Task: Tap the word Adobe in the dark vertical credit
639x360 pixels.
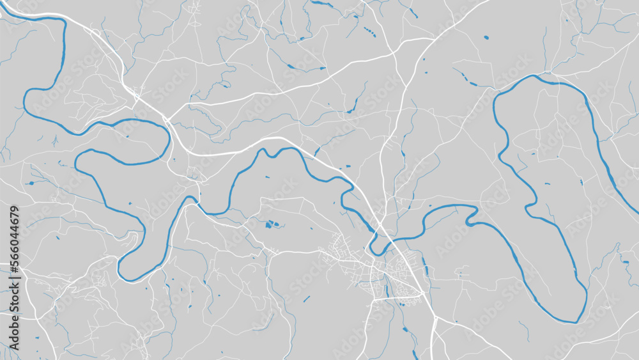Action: tap(13, 301)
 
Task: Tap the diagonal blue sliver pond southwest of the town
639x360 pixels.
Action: tap(306, 299)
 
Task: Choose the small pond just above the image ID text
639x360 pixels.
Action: tap(30, 184)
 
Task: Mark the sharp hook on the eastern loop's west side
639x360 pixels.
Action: tap(530, 205)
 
